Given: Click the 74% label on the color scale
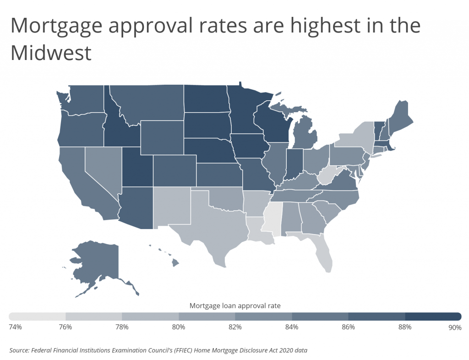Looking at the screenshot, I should point(15,327).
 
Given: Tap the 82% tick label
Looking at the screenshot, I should point(235,327).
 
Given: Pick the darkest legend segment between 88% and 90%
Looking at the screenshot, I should point(433,316).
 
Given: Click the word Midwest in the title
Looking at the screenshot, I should point(51,53).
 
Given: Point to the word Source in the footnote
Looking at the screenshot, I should point(20,350).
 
